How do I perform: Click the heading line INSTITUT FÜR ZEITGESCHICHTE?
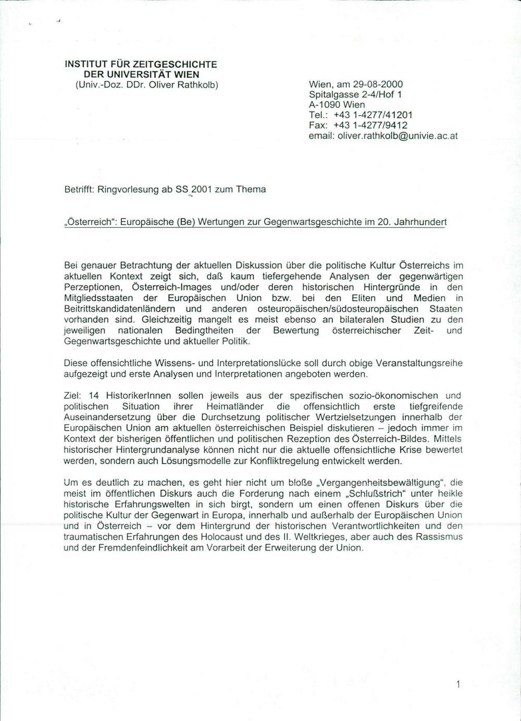point(141,65)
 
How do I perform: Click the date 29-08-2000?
point(378,84)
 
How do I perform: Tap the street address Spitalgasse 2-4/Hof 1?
point(355,94)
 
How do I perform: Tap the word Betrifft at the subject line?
point(79,189)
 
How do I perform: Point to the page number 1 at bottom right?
point(458,685)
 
